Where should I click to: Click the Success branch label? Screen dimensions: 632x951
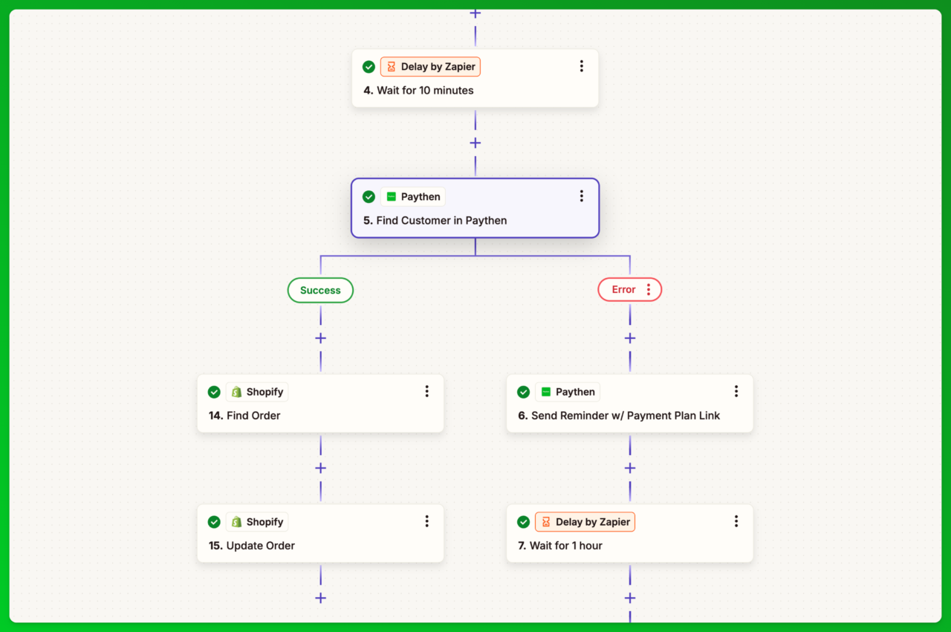click(320, 290)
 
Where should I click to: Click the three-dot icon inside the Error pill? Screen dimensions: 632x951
click(649, 290)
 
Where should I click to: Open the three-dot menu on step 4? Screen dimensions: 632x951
click(581, 66)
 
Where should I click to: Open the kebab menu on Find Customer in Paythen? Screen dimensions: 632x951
click(581, 196)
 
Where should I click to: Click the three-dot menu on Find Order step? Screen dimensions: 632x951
click(426, 391)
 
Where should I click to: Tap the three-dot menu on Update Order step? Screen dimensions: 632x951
click(426, 521)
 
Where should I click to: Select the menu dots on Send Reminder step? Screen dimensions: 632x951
click(736, 391)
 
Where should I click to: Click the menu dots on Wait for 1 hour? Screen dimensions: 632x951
click(736, 521)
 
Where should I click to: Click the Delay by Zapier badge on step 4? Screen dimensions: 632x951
click(431, 67)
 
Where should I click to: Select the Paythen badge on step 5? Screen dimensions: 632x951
click(413, 197)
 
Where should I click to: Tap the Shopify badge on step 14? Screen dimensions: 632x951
click(257, 392)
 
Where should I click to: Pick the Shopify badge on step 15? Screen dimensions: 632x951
click(257, 522)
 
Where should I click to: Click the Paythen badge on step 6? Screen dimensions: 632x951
click(568, 392)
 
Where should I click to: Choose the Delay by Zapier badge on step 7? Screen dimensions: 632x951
click(585, 522)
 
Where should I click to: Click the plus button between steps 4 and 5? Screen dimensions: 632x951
click(475, 143)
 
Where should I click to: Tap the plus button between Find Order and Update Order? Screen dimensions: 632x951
click(320, 468)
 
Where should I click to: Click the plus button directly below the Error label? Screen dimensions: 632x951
click(630, 338)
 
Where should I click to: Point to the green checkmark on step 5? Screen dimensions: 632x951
click(369, 197)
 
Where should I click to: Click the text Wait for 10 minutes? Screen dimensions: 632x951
click(425, 91)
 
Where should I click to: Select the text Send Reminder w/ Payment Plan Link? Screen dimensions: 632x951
click(626, 416)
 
